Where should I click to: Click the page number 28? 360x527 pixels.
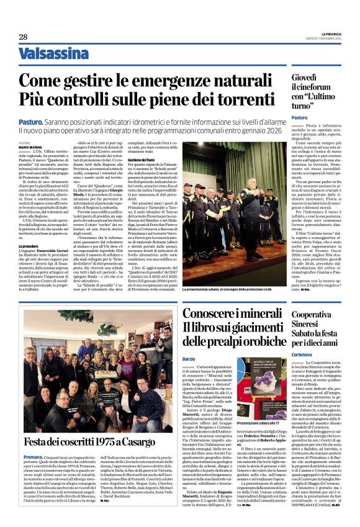(22, 37)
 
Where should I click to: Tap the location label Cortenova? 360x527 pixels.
(303, 353)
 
